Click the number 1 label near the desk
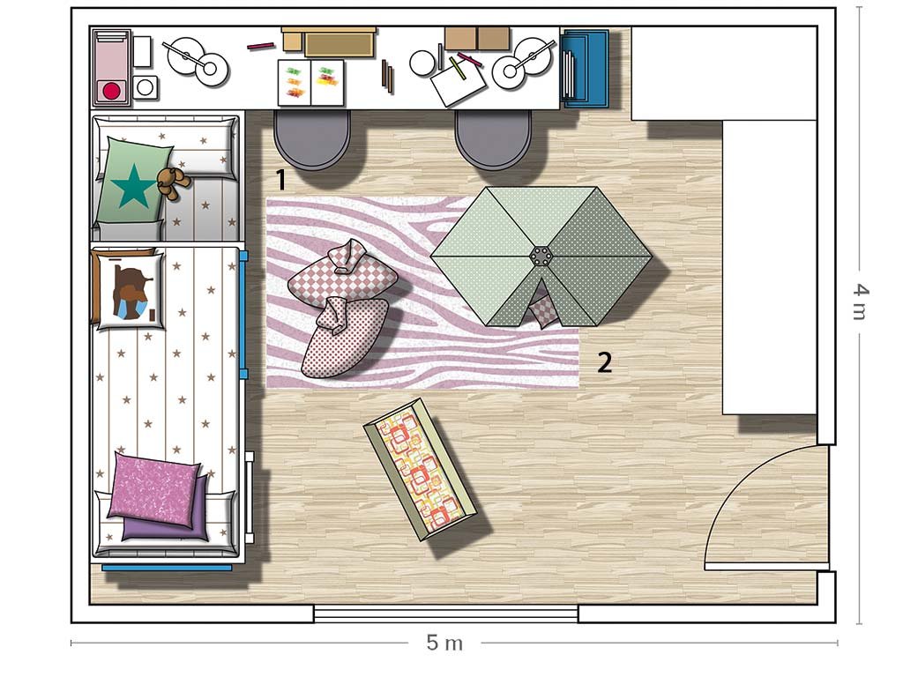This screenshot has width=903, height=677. [x=281, y=180]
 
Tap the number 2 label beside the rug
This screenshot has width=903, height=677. [x=604, y=362]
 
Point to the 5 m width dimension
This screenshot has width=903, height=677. [x=444, y=643]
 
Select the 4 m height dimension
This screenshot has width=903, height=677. [x=859, y=301]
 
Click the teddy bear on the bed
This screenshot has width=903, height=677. [x=173, y=182]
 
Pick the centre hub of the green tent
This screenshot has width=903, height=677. [x=541, y=257]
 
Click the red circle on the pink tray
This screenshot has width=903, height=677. [x=111, y=91]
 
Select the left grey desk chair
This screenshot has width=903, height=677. [x=312, y=139]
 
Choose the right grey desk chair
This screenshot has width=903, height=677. [x=493, y=139]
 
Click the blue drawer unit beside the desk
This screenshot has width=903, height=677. [x=585, y=69]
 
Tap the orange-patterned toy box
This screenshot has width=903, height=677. [x=420, y=469]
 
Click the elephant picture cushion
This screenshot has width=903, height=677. [x=131, y=291]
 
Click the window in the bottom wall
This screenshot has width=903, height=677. [x=445, y=614]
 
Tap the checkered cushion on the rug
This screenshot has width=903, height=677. [x=343, y=275]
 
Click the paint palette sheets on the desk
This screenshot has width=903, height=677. [x=311, y=82]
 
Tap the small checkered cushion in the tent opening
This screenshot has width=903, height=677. [x=542, y=311]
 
